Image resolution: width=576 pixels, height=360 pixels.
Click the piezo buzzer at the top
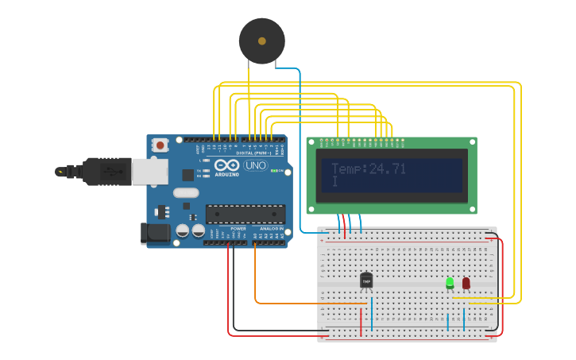[261, 41]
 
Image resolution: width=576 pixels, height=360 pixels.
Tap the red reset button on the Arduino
[161, 145]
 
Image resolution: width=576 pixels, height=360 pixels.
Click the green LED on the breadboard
[450, 282]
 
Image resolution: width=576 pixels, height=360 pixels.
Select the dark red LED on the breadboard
[466, 282]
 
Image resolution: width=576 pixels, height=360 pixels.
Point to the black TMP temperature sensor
[366, 281]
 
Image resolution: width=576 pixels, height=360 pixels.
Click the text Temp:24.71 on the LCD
[368, 168]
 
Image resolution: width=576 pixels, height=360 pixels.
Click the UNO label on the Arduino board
[255, 165]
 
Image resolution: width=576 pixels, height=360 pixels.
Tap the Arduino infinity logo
[226, 165]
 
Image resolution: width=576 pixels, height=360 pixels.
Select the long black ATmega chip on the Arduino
[245, 214]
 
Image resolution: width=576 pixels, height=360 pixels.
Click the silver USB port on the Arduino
[149, 170]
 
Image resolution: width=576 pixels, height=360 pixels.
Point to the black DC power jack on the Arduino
[155, 233]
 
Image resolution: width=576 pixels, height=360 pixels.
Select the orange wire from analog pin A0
[256, 278]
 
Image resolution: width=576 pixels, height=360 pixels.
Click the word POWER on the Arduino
[238, 229]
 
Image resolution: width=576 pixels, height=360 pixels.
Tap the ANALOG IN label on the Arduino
[271, 229]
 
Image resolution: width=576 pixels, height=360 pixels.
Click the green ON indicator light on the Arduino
[274, 171]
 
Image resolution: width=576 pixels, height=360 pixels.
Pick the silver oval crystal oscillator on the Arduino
[185, 192]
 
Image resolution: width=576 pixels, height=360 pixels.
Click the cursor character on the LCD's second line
[334, 183]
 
